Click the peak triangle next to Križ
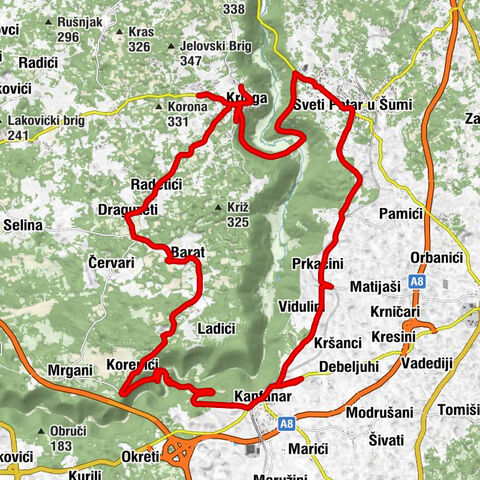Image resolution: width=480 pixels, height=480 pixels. tap(218, 207)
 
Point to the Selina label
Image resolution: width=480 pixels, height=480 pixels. tap(23, 225)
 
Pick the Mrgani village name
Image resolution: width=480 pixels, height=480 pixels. tap(70, 370)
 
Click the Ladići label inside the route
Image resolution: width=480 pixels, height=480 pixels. tap(217, 328)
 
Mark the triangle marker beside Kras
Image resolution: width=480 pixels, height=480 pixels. tap(121, 31)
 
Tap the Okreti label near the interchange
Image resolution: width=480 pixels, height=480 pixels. tap(137, 457)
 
